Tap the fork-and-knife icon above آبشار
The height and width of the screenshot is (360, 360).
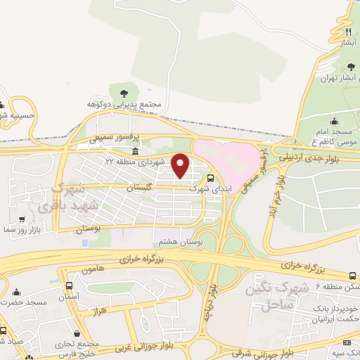(x=347, y=32)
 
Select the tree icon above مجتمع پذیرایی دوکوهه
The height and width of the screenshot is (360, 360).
(x=124, y=93)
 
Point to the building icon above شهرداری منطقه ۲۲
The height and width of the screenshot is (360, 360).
(x=135, y=152)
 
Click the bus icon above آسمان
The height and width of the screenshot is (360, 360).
(x=69, y=286)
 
